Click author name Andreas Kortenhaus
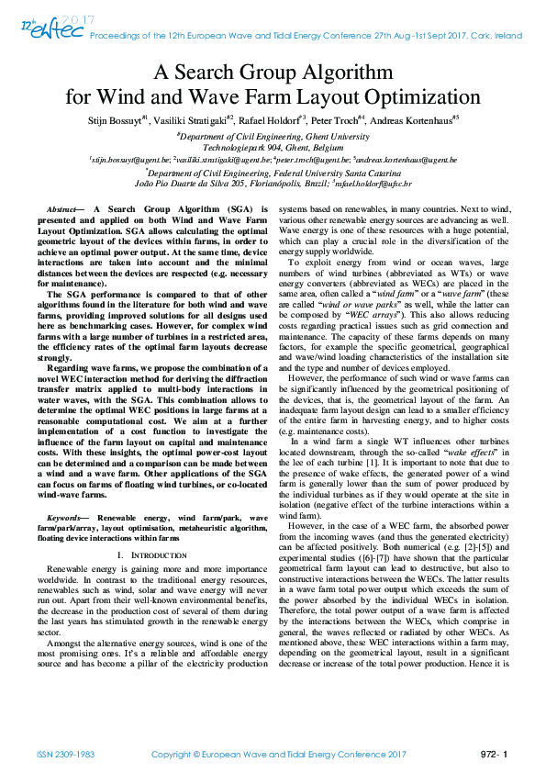[x=415, y=119]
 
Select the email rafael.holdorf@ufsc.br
[x=374, y=184]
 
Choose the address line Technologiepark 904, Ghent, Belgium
[x=273, y=147]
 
